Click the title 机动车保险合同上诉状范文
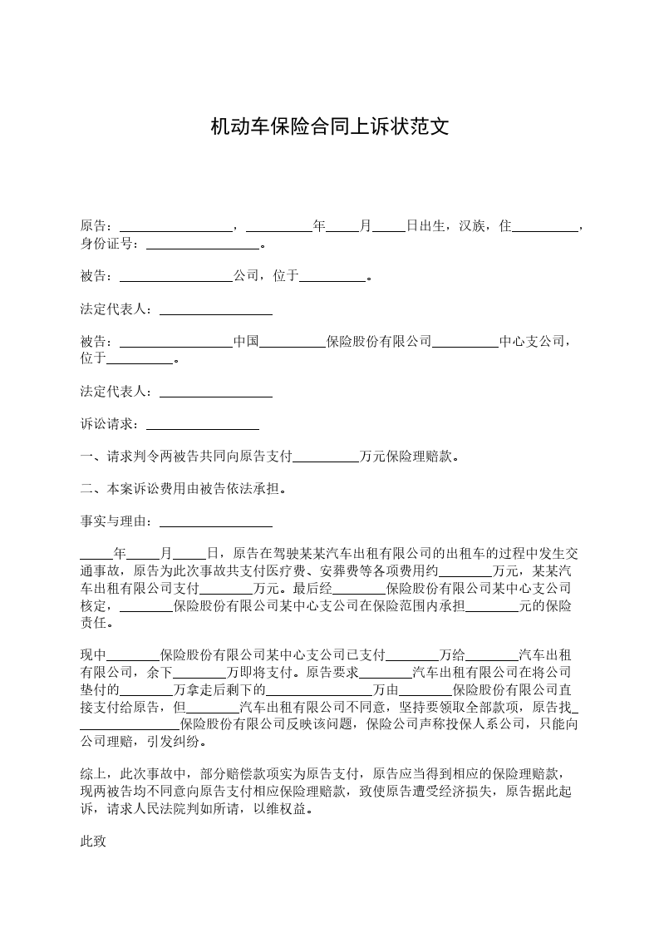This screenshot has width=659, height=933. (x=329, y=126)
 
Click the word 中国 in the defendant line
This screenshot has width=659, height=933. (x=247, y=342)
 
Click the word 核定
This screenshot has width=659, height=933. (x=94, y=605)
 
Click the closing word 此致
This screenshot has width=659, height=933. (x=94, y=841)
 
